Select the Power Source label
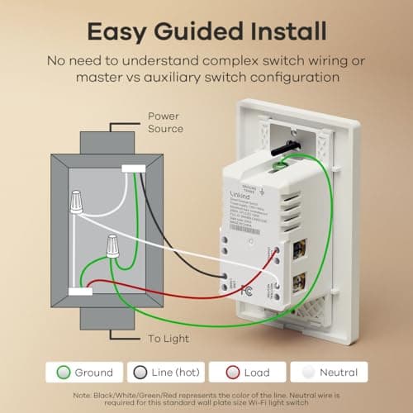165,122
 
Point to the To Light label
169,339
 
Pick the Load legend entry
248,373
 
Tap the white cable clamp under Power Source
133,169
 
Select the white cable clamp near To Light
80,292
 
